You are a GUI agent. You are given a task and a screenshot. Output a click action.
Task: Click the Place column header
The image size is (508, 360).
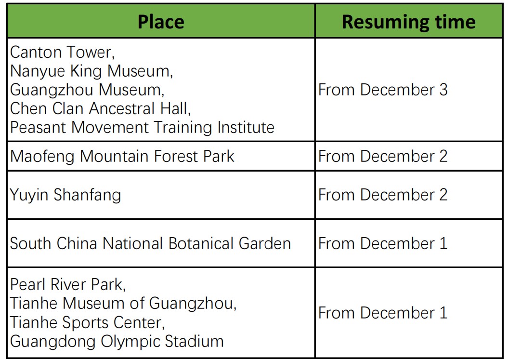[161, 22]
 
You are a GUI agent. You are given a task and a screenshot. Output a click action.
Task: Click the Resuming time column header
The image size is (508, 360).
[409, 22]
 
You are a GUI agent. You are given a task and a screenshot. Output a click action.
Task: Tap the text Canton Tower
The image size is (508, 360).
[62, 52]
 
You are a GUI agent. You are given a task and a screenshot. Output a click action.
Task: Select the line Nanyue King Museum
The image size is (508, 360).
[91, 71]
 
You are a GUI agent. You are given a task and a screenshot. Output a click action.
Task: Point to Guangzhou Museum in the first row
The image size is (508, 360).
[87, 90]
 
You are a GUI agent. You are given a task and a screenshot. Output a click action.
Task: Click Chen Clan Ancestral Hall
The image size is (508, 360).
[101, 108]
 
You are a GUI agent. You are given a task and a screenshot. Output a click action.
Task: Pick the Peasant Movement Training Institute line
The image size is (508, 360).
[142, 127]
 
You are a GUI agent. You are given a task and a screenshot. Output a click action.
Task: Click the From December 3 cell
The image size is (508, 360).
[383, 90]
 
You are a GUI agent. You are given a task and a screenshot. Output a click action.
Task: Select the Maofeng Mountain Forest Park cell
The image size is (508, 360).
[122, 156]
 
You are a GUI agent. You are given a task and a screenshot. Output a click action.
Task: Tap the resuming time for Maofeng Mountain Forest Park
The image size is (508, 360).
[383, 156]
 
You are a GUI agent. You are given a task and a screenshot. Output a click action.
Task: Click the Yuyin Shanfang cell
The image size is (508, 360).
[65, 195]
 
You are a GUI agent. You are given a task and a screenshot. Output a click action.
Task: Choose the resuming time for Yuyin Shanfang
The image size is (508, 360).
[383, 195]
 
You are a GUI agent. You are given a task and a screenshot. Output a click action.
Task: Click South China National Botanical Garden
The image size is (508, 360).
[150, 243]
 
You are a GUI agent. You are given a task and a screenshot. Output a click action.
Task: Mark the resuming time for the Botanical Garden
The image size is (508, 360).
[383, 243]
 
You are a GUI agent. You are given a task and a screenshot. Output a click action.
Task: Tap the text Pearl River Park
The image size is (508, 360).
[68, 285]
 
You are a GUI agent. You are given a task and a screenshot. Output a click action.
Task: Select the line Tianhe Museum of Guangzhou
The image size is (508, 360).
[123, 304]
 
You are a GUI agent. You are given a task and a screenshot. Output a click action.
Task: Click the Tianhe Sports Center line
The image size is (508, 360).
[88, 322]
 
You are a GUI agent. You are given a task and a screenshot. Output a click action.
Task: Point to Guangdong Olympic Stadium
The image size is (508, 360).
[117, 342]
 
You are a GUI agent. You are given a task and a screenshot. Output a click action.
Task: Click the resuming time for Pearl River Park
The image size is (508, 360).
[383, 313]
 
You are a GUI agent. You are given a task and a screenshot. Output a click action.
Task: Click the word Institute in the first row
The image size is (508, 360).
[246, 127]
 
